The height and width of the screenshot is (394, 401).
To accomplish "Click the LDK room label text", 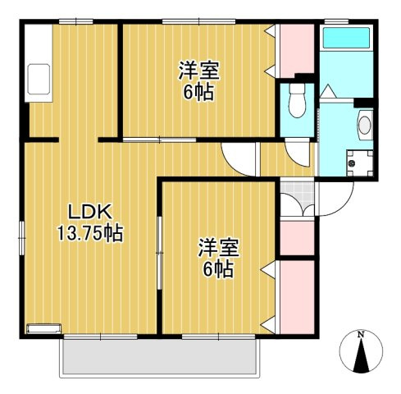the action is (x=90, y=212).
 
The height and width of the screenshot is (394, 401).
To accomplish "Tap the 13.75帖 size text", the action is (x=90, y=233).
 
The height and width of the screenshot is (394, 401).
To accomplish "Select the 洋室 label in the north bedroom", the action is (x=199, y=71).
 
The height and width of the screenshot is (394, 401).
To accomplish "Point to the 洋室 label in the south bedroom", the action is (x=219, y=248).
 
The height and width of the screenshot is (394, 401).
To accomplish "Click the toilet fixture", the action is (x=297, y=100).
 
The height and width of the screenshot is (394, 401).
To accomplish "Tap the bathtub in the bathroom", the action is (x=346, y=37).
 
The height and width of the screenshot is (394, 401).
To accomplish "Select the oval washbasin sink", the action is (x=365, y=126).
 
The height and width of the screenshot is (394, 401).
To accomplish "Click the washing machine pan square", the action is (x=360, y=163).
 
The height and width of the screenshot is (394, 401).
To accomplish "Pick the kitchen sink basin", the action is (x=39, y=80).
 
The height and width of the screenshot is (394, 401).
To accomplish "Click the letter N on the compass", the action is (x=361, y=334).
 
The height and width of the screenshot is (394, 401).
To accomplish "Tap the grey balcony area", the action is (x=159, y=357).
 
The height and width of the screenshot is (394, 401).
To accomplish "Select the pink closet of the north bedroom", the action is (x=297, y=51).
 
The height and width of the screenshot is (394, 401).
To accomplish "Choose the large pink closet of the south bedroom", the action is (x=297, y=297).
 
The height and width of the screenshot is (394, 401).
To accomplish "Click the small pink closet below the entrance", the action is (x=297, y=238).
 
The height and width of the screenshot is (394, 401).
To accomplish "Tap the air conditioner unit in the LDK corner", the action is (x=43, y=328).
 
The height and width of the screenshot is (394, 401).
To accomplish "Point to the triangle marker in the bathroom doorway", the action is (x=328, y=91).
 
